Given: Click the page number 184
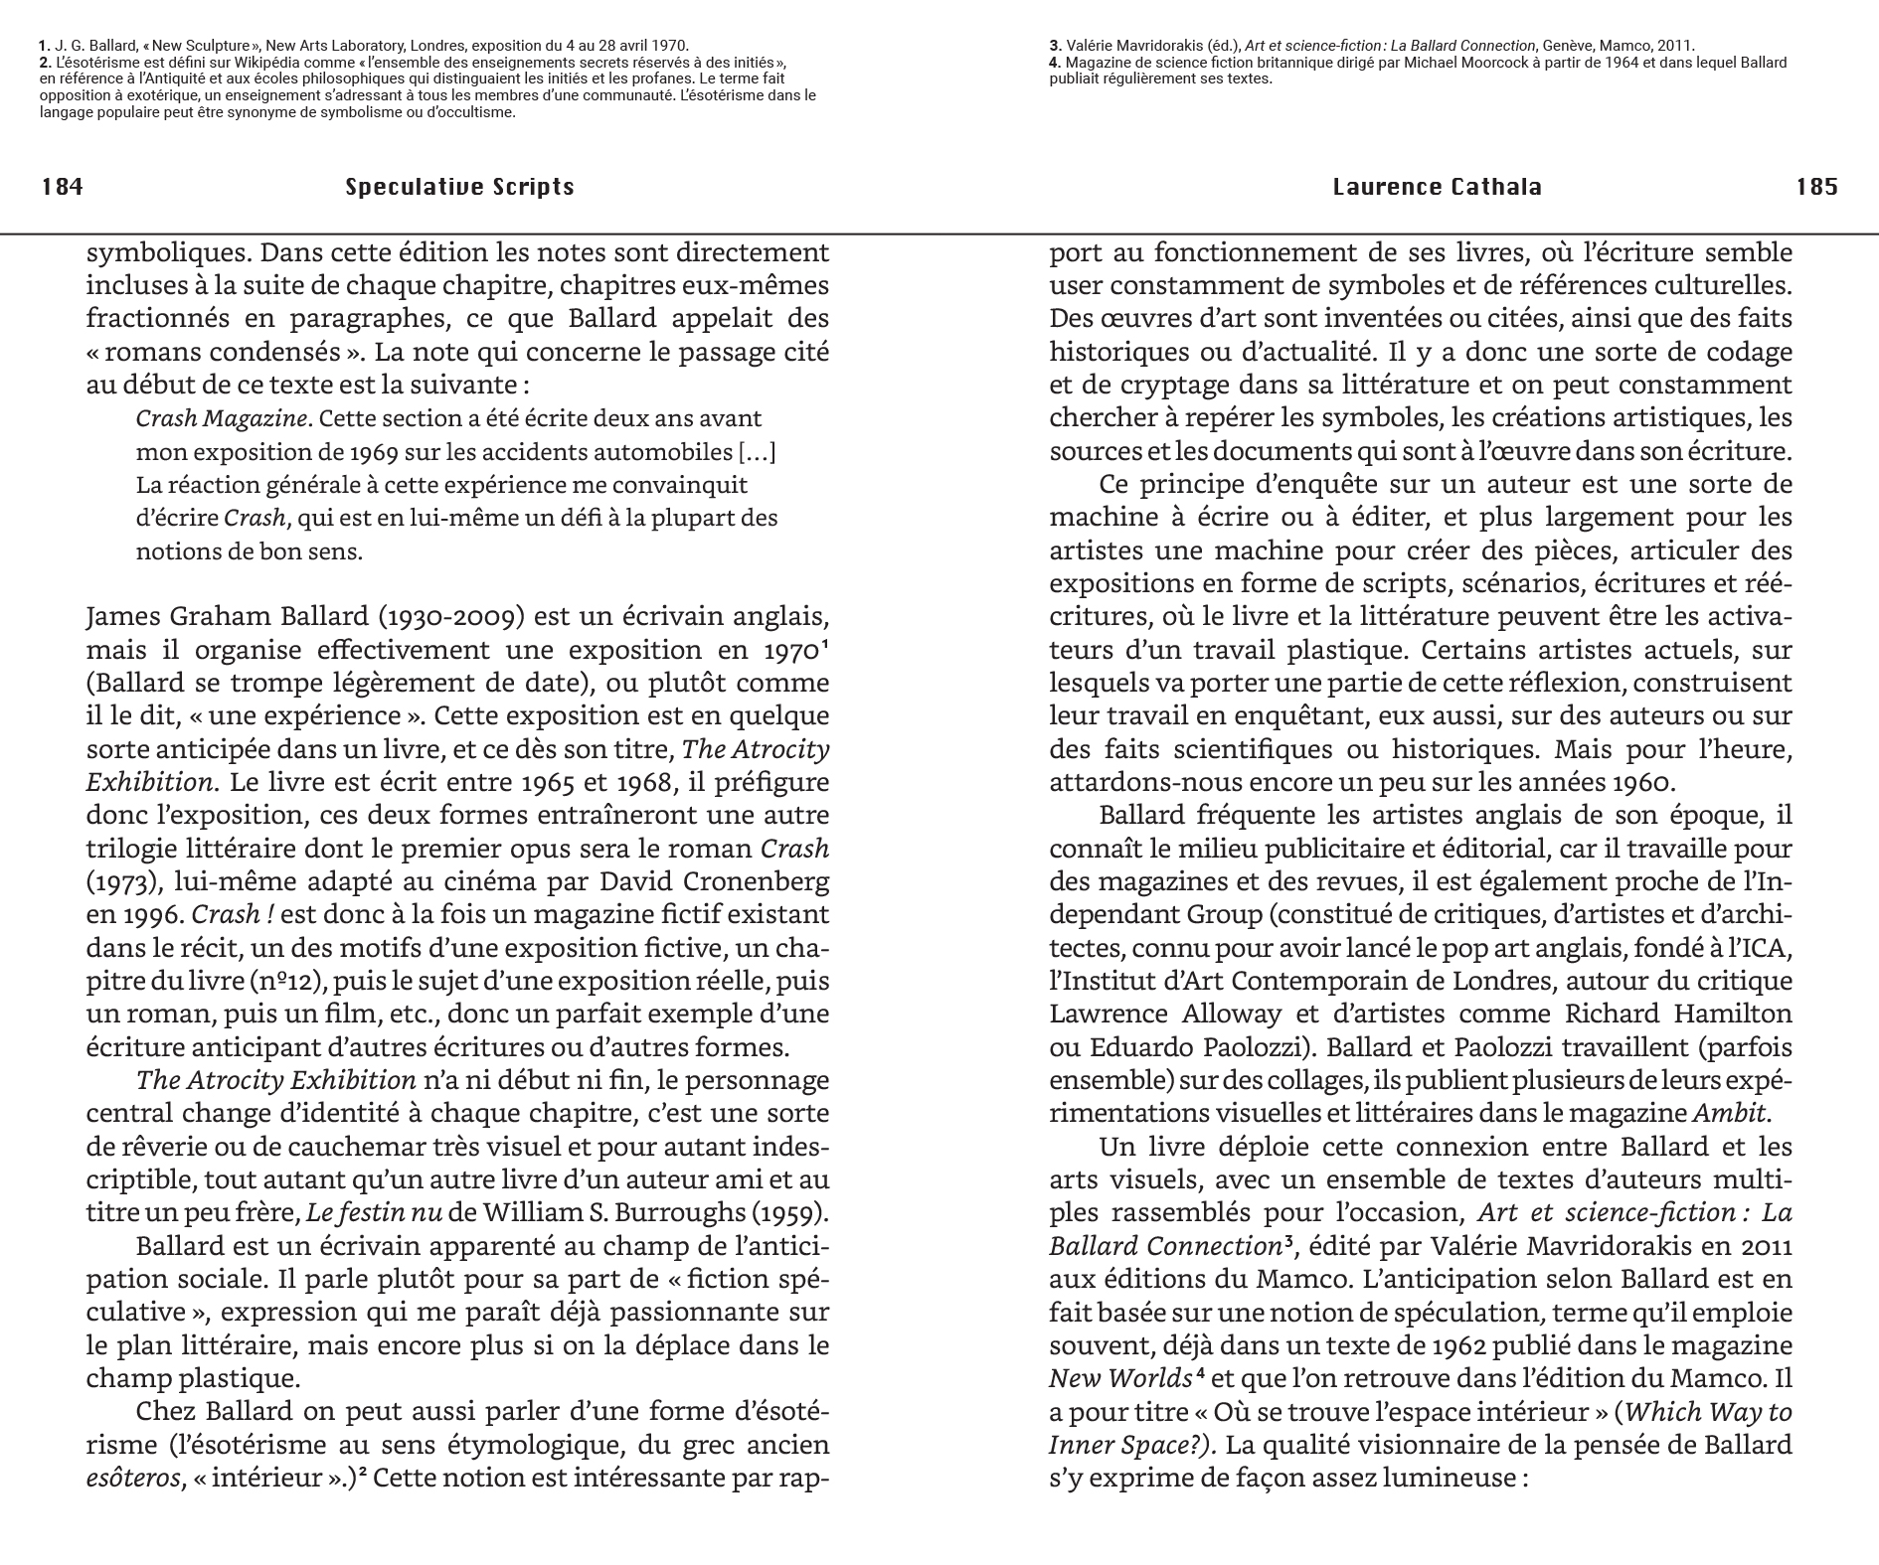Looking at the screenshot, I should point(62,187).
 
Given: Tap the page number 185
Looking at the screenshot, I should point(1816,187).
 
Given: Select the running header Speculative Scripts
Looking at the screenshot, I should point(459,187).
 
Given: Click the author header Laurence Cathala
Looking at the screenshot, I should point(1437,187).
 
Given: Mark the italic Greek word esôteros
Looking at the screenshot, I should point(133,1478).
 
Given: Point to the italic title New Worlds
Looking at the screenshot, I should point(1119,1378).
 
